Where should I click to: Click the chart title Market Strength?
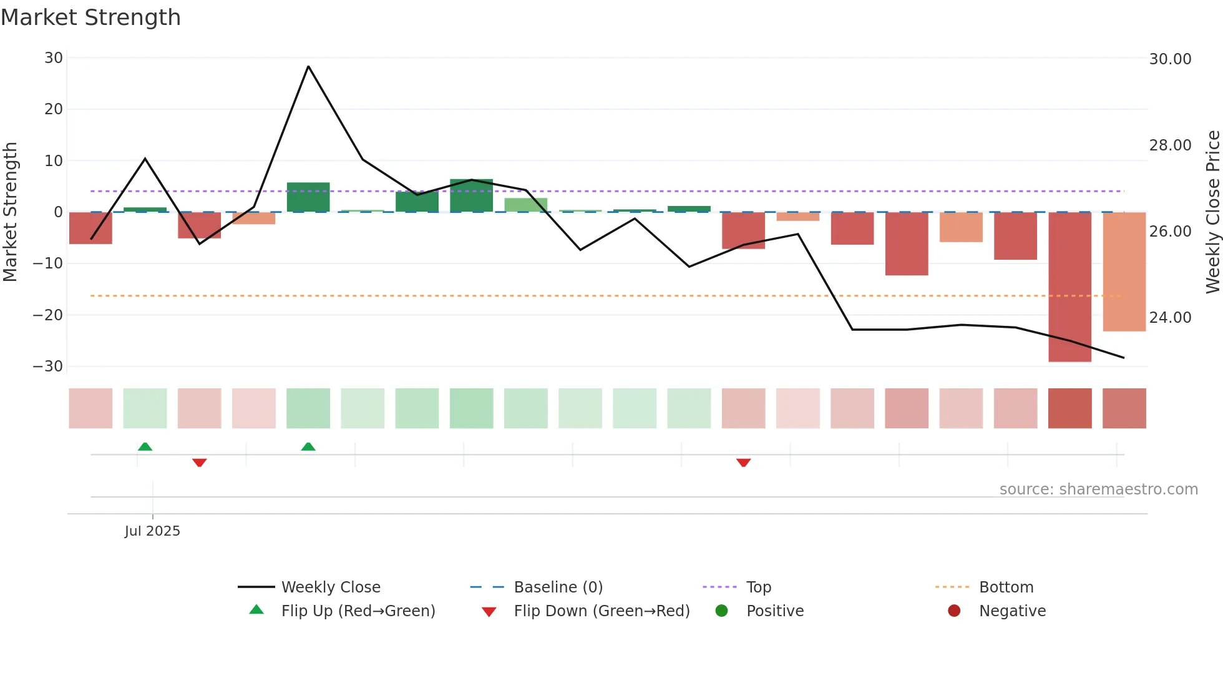[90, 17]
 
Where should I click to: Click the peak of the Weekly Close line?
[308, 66]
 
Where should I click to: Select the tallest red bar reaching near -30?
[1070, 287]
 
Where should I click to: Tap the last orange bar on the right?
[1124, 272]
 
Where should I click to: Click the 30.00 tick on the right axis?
[1170, 59]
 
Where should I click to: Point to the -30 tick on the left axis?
[48, 366]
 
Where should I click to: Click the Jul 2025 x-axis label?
[152, 531]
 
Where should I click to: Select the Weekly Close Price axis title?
[1212, 212]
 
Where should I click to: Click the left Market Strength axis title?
[10, 212]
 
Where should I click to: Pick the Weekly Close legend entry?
[330, 587]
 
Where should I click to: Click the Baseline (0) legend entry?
[558, 587]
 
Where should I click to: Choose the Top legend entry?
[758, 587]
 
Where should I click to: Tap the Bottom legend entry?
[1006, 587]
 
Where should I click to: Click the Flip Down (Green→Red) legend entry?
[601, 611]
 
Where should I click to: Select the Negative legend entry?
[1011, 611]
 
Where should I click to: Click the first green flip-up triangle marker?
[145, 446]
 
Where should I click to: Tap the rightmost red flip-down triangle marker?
[743, 463]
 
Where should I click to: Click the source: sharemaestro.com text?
[1098, 489]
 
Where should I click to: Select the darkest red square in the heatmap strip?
[1070, 408]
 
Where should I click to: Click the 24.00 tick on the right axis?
[1170, 318]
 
